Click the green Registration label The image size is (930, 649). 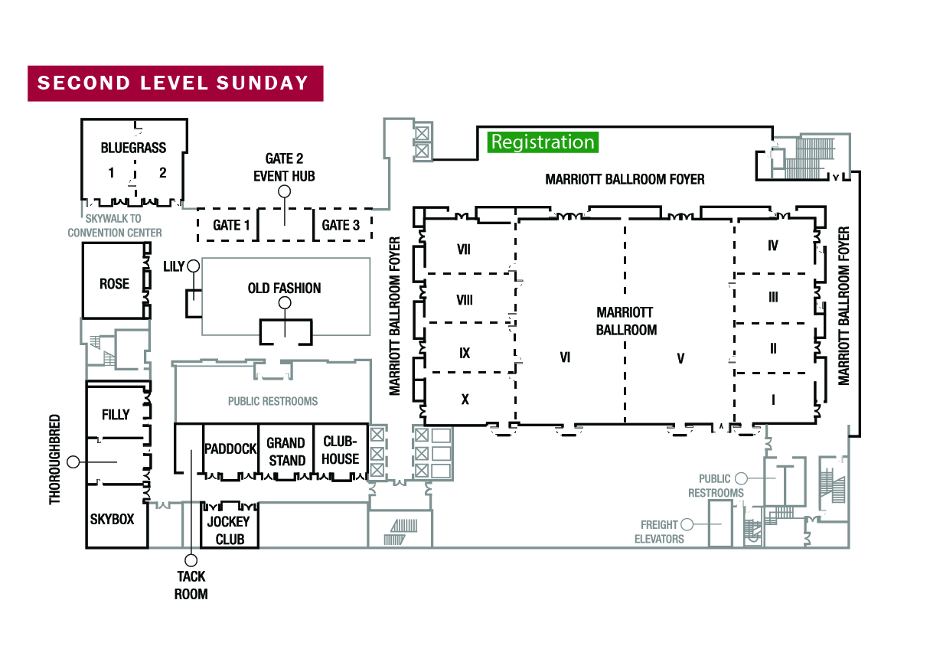click(543, 142)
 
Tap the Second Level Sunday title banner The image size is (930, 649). click(175, 83)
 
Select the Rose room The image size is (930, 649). click(114, 284)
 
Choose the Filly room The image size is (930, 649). click(116, 415)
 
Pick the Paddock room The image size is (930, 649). click(230, 449)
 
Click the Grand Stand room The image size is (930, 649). click(286, 452)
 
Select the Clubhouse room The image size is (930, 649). click(341, 451)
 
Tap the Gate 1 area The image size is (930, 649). click(231, 225)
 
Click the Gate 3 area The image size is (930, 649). click(341, 225)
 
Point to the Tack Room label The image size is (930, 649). click(191, 585)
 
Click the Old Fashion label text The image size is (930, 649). click(284, 289)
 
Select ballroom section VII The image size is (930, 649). click(463, 248)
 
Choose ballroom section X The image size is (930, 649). click(463, 399)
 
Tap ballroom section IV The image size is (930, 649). click(773, 246)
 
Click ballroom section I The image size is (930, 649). click(773, 399)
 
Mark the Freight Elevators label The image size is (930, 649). click(660, 531)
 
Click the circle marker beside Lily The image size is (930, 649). click(193, 266)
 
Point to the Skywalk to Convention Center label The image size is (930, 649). click(114, 226)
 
